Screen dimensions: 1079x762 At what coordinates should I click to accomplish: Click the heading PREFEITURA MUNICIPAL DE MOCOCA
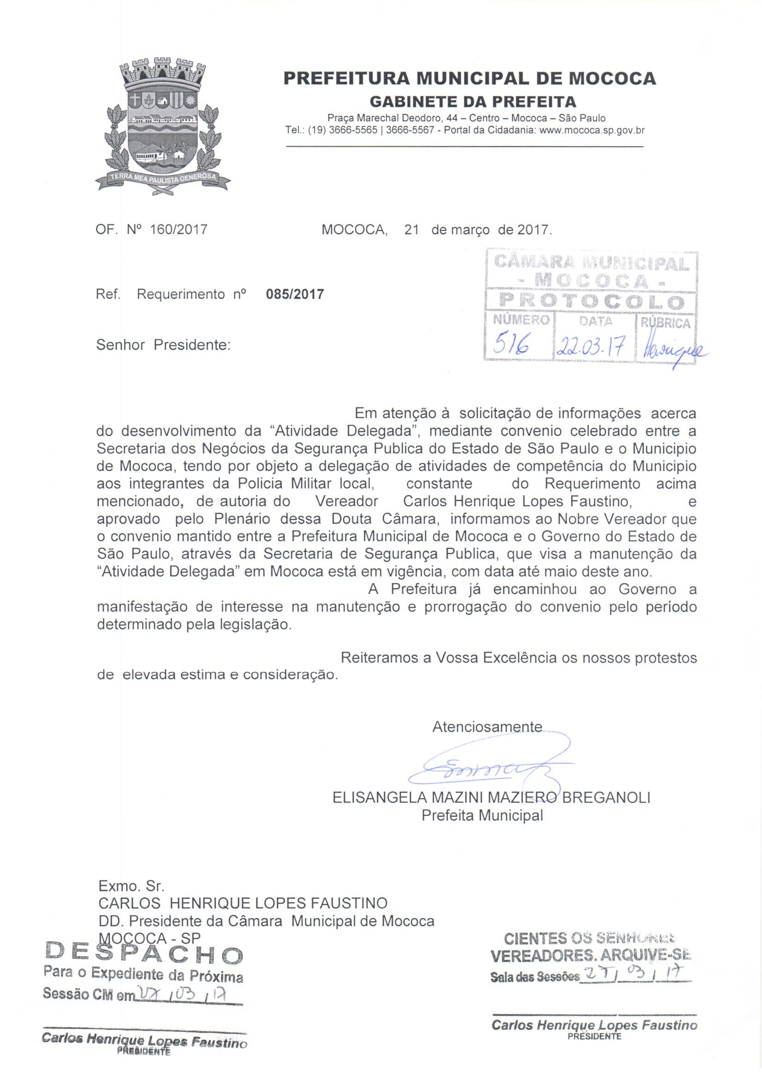[469, 78]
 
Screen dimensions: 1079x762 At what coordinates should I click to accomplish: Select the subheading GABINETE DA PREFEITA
[473, 102]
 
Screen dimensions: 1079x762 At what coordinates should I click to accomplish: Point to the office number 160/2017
[178, 230]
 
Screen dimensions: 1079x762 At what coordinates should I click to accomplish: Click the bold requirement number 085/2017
[295, 294]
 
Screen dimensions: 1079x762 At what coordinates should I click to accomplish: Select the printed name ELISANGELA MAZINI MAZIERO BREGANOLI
[491, 797]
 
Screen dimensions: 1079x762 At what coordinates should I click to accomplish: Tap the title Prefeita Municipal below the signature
[482, 815]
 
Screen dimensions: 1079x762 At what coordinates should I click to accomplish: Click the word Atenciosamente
[487, 726]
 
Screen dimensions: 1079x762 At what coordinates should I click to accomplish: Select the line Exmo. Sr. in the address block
[131, 886]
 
